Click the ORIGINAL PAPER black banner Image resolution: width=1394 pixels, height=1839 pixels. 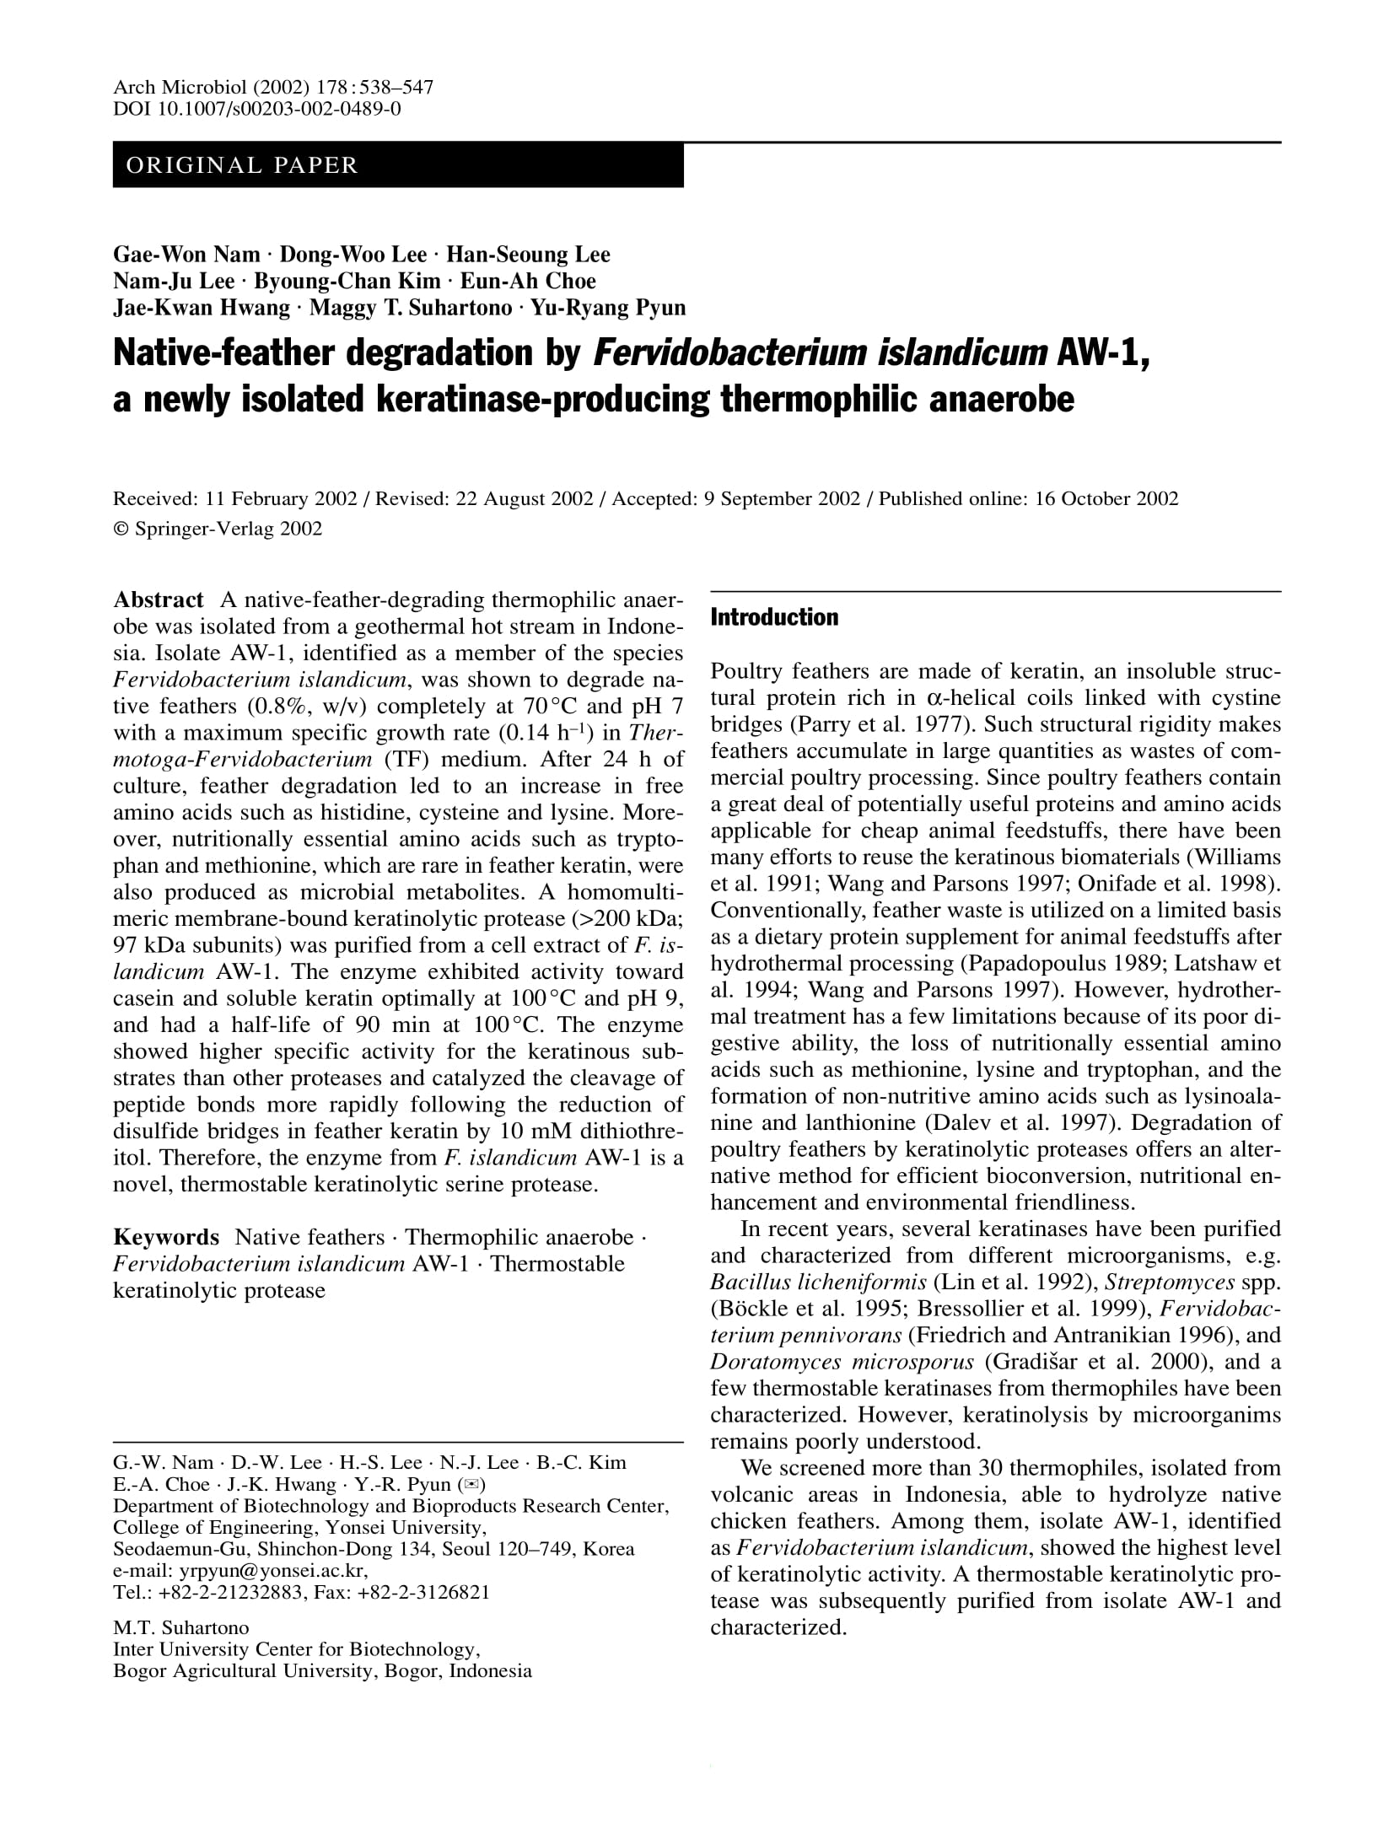[x=397, y=165]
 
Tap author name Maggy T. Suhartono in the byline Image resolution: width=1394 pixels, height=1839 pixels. [x=411, y=308]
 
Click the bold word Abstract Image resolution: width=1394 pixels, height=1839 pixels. [x=159, y=600]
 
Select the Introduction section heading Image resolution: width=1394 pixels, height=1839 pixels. [x=774, y=618]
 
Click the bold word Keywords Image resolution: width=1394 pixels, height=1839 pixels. [x=166, y=1238]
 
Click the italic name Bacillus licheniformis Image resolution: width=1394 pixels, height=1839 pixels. [x=819, y=1283]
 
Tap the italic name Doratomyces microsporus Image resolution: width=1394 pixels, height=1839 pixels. [x=842, y=1363]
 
